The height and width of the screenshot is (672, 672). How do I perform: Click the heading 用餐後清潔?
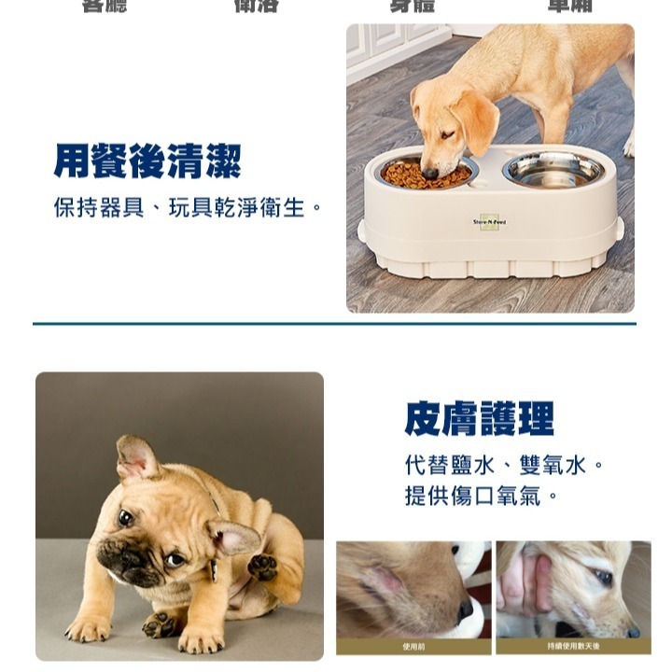(147, 161)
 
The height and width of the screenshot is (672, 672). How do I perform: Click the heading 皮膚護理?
(479, 419)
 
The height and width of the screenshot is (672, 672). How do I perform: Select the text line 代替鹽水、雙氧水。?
(505, 465)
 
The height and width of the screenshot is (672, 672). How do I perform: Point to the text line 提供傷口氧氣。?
(482, 496)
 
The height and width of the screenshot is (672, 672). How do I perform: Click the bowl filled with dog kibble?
(427, 174)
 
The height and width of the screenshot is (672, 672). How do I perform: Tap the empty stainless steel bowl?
(553, 170)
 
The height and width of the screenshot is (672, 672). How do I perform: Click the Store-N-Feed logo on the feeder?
(489, 222)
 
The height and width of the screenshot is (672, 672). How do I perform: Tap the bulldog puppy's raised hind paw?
(262, 566)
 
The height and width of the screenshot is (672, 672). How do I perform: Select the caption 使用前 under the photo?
(413, 646)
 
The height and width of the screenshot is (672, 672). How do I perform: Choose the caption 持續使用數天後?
(573, 646)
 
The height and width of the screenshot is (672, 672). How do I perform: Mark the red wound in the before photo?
(385, 581)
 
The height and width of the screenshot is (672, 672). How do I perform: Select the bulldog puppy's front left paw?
(88, 631)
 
